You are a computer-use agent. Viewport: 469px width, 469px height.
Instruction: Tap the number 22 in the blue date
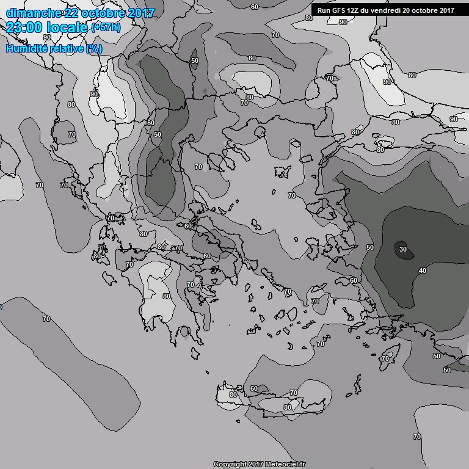tap(71, 13)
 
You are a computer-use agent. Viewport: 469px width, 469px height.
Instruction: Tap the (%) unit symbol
tap(94, 48)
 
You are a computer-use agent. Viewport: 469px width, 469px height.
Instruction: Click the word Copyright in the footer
tap(230, 464)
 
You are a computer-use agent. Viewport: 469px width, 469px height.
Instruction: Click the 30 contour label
tap(402, 249)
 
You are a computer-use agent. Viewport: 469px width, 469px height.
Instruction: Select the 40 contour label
tap(422, 271)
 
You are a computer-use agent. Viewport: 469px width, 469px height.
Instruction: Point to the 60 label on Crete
tap(254, 388)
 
